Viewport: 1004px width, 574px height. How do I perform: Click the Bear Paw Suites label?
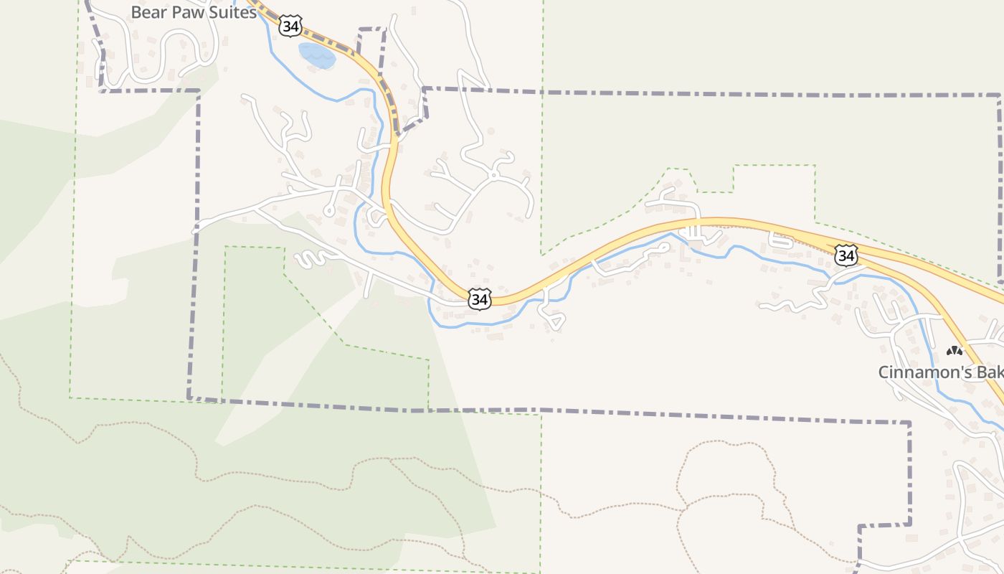point(194,13)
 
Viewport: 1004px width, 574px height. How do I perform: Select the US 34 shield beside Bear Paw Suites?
point(290,27)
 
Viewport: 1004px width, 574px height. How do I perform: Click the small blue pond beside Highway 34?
point(316,55)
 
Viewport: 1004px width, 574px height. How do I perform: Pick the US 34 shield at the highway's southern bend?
point(480,299)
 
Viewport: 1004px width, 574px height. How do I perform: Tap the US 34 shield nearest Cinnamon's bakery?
point(846,255)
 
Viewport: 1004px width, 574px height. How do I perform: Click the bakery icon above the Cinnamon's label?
point(954,351)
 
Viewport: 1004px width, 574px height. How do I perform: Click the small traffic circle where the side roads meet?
point(493,174)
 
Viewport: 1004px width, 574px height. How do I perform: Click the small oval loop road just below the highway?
point(781,241)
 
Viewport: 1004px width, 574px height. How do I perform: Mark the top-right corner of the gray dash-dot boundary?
point(999,95)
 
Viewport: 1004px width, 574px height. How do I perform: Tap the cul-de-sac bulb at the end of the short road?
point(329,210)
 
